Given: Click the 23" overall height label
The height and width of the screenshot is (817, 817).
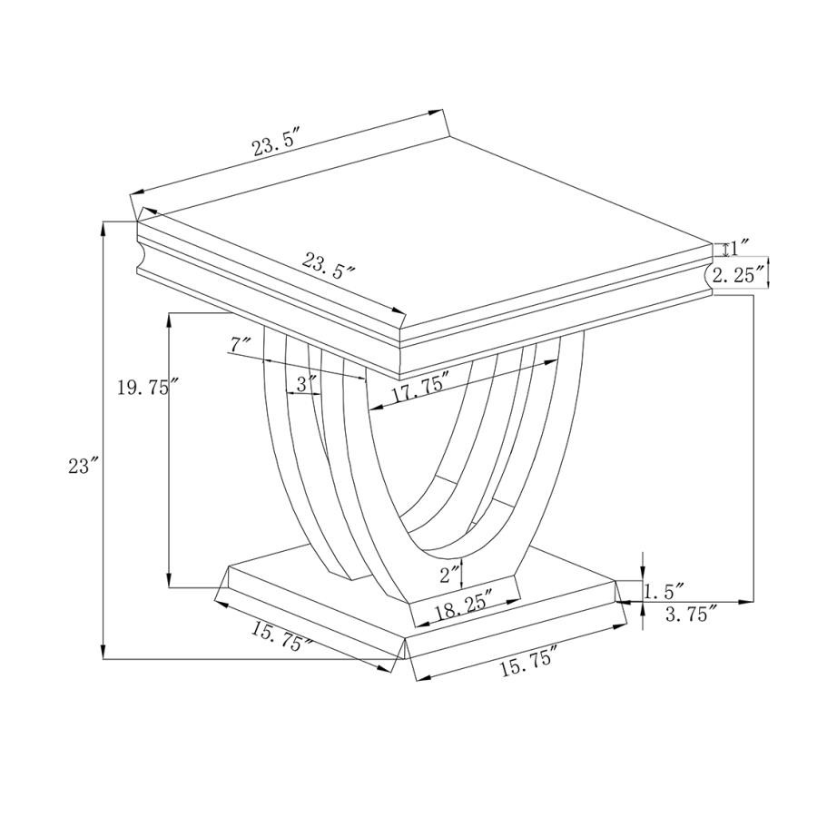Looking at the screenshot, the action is (84, 466).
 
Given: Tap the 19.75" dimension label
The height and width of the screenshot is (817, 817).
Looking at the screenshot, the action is (148, 388).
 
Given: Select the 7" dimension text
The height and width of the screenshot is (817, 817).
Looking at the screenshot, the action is (241, 345).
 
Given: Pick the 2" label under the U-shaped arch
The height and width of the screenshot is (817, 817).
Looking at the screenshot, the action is (450, 576).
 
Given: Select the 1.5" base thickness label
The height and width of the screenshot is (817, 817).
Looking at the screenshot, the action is (664, 592).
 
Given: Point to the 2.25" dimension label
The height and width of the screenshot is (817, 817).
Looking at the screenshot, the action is (740, 274).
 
